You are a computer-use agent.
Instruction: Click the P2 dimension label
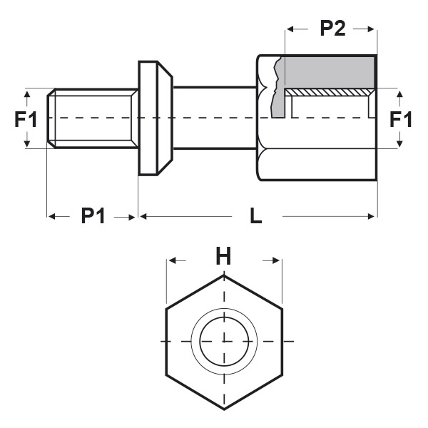pos(332,29)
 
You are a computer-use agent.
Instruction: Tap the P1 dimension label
pos(93,215)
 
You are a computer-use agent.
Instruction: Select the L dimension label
pos(256,215)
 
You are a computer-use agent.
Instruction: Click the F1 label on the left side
pos(26,118)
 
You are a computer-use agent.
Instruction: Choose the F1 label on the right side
pos(401,118)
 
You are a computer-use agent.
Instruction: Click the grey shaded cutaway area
pos(328,73)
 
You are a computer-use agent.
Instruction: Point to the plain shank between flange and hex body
pos(214,118)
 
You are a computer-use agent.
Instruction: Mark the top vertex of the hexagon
pos(224,275)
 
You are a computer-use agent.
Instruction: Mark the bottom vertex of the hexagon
pos(224,409)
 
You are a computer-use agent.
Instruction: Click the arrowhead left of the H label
pos(172,261)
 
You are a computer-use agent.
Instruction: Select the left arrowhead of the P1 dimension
pos(51,215)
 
